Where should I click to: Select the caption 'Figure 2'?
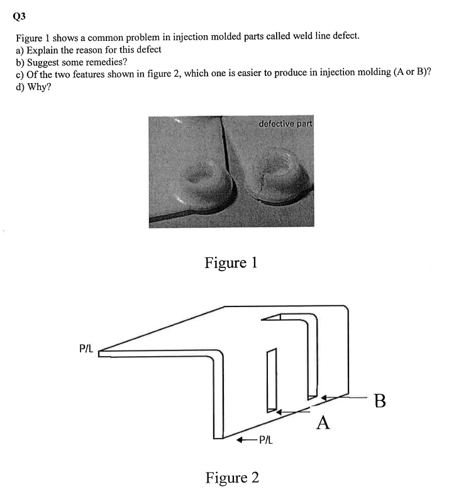232,478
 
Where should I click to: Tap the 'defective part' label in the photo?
285,123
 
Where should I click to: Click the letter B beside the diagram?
379,400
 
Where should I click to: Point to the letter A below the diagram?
323,422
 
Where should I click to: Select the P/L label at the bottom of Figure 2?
265,440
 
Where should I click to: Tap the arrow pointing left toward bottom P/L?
245,440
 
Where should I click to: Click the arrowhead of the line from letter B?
323,398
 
